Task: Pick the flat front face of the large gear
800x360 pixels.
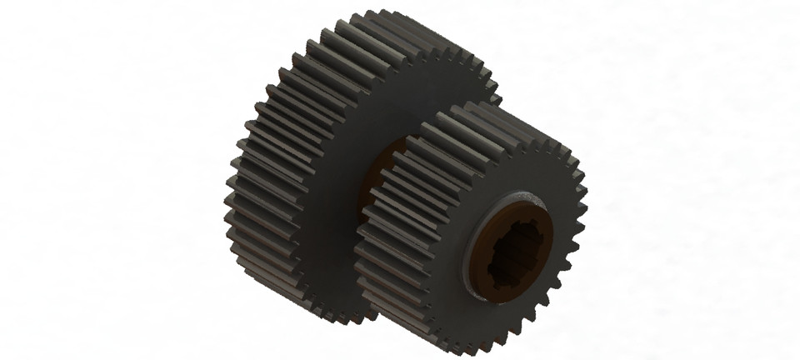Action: (x=350, y=125)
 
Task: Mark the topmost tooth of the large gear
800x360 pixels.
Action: (x=379, y=18)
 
